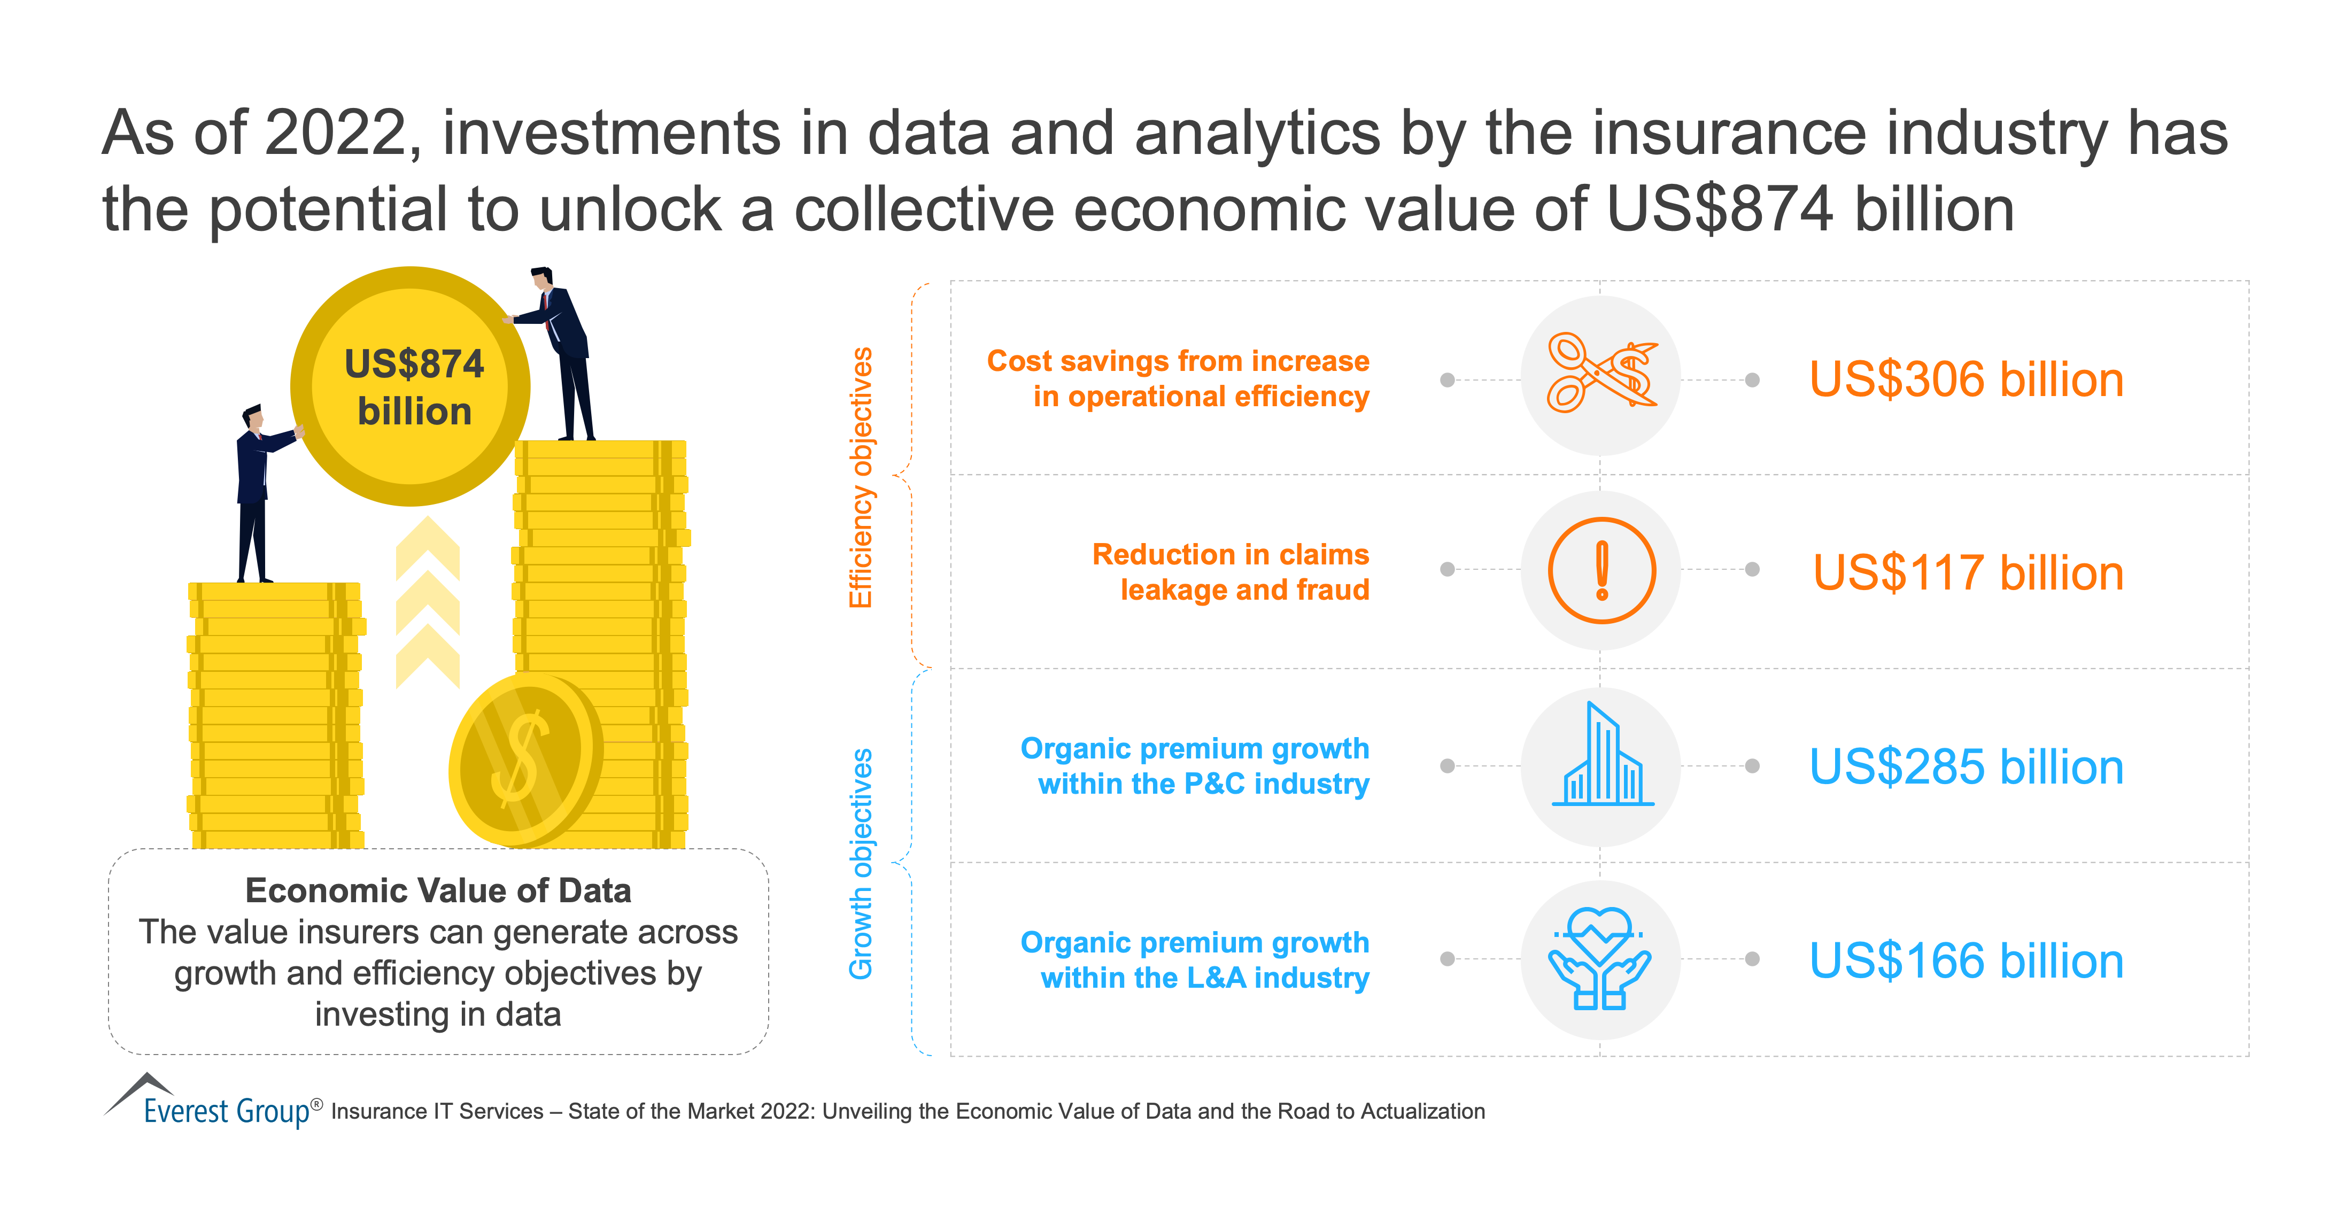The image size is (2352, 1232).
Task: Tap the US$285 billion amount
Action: (x=1966, y=766)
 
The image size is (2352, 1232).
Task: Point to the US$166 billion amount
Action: (x=1966, y=961)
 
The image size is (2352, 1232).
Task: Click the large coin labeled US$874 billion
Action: (x=410, y=386)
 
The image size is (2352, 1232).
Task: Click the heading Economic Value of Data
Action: (x=438, y=890)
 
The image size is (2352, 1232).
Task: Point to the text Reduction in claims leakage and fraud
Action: (x=1231, y=572)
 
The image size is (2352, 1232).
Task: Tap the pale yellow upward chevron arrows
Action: (x=427, y=603)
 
